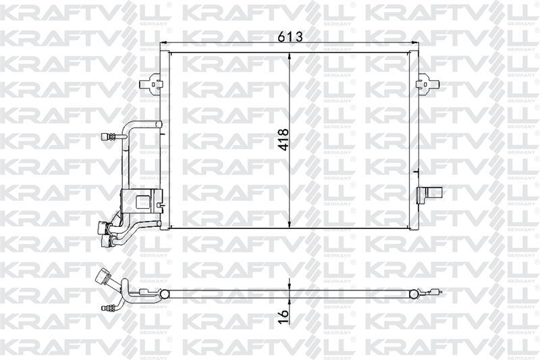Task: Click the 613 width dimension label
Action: pyautogui.click(x=290, y=36)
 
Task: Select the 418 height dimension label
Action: pyautogui.click(x=283, y=140)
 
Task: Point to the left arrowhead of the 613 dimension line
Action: pyautogui.click(x=164, y=43)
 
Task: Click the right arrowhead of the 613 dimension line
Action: pyautogui.click(x=415, y=43)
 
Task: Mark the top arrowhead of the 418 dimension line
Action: pyautogui.click(x=290, y=57)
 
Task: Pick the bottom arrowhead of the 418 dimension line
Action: pyautogui.click(x=290, y=224)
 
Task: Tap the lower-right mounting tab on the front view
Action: pyautogui.click(x=429, y=195)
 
